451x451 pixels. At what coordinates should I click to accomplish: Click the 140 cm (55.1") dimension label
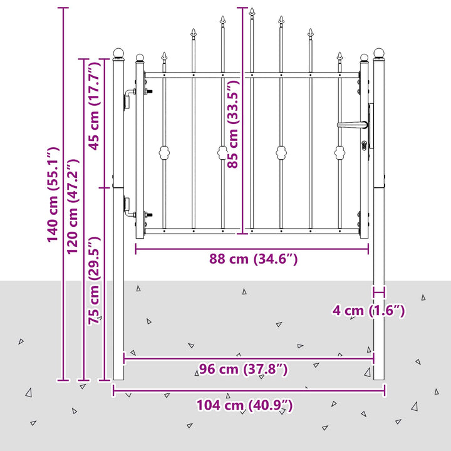tap(53, 195)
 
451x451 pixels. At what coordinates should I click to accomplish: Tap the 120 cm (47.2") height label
tap(73, 206)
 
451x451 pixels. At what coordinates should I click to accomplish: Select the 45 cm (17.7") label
tap(95, 106)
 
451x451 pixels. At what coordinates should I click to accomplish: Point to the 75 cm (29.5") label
tap(95, 281)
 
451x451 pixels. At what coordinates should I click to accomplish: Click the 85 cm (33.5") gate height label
tap(233, 124)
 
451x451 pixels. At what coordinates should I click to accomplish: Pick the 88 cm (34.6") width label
tap(253, 259)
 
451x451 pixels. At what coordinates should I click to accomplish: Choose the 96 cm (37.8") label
tap(243, 369)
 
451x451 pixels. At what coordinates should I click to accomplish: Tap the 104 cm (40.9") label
tap(244, 405)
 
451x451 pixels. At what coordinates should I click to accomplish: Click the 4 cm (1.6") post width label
tap(369, 311)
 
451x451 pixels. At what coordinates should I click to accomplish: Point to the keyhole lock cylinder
tap(364, 145)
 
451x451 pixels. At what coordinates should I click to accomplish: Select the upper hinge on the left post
tap(130, 97)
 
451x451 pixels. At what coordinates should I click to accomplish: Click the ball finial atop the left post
tap(118, 53)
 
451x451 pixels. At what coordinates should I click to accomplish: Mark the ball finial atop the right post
tap(379, 53)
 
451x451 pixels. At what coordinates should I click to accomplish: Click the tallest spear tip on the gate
tap(252, 12)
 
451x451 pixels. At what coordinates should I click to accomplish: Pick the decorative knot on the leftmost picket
tap(164, 152)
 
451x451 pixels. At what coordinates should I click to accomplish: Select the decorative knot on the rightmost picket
tap(340, 152)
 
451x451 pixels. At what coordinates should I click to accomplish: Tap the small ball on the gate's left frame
tap(140, 58)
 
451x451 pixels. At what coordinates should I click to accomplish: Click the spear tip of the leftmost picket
tap(164, 56)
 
